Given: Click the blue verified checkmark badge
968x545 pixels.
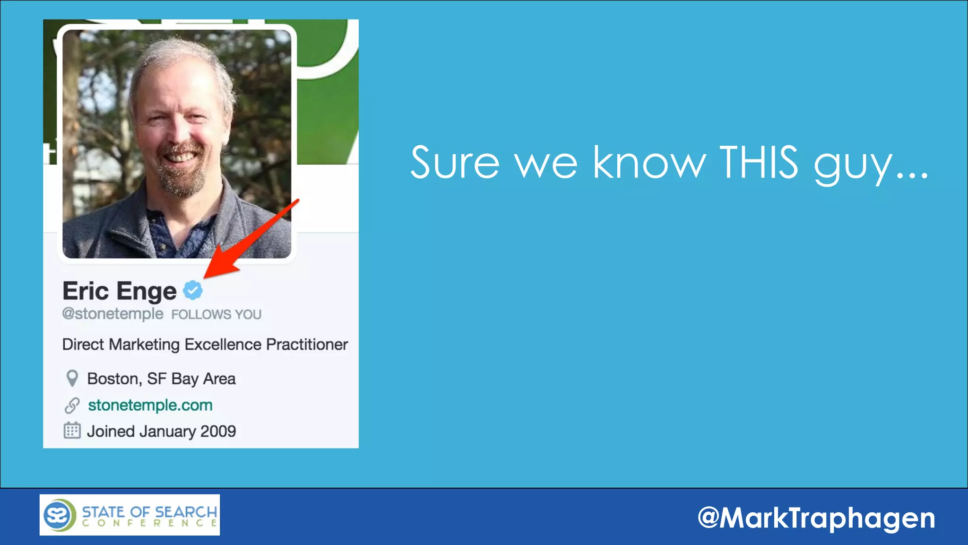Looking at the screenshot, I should tap(193, 290).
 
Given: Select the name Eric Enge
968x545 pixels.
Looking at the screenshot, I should tap(120, 291).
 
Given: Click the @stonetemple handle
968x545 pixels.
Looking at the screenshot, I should tap(112, 314).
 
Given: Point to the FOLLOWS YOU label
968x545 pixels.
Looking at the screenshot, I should tap(216, 315).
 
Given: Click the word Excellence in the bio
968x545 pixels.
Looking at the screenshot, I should tap(223, 344).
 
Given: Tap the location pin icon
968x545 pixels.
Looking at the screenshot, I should tap(72, 378).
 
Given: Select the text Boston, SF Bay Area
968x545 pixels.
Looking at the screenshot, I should tap(161, 379).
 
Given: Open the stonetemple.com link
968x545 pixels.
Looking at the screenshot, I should tap(150, 405).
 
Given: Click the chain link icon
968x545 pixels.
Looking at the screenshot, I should tap(72, 405).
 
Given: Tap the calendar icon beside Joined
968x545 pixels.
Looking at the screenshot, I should tap(72, 431).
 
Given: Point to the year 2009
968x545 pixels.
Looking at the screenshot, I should tap(218, 431).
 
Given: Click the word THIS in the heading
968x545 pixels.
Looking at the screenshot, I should tap(759, 163).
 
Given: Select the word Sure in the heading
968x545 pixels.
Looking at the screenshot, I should tap(455, 163).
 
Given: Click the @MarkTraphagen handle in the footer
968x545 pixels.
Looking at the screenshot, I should tap(816, 518).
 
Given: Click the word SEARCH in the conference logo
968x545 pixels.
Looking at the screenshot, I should tap(185, 512).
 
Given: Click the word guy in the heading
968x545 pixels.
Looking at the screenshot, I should tap(853, 166).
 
